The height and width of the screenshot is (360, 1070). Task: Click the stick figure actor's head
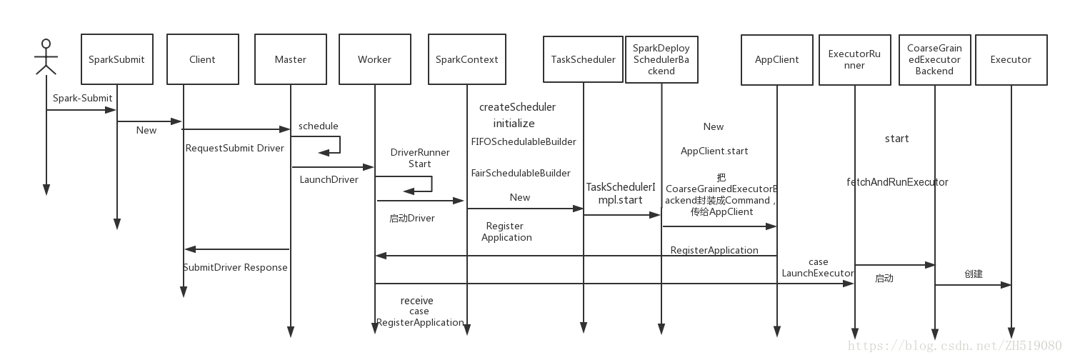(46, 44)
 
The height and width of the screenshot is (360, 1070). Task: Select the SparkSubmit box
(116, 59)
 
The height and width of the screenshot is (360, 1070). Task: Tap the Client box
(202, 59)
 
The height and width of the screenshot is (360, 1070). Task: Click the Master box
(290, 59)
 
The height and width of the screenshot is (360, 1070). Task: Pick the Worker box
(374, 59)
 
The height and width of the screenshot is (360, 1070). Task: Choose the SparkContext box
(466, 59)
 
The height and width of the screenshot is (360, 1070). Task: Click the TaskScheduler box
(583, 59)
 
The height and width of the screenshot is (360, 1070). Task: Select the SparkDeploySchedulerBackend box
(661, 59)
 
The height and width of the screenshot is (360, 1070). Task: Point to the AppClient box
(776, 59)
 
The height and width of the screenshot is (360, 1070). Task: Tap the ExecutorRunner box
(854, 59)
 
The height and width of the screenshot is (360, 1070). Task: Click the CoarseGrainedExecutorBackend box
(934, 59)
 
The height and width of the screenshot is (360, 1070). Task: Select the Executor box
(1010, 59)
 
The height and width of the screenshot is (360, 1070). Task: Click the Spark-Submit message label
(82, 98)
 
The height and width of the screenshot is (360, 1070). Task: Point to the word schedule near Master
(318, 126)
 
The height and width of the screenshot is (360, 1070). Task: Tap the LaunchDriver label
(329, 179)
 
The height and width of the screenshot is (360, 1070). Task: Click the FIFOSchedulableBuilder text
(523, 141)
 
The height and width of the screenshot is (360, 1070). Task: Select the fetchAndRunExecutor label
(897, 182)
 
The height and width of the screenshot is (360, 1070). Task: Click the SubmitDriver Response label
(235, 267)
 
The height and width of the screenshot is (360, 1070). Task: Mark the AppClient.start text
(714, 151)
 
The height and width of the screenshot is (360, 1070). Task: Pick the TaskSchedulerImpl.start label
(620, 193)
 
